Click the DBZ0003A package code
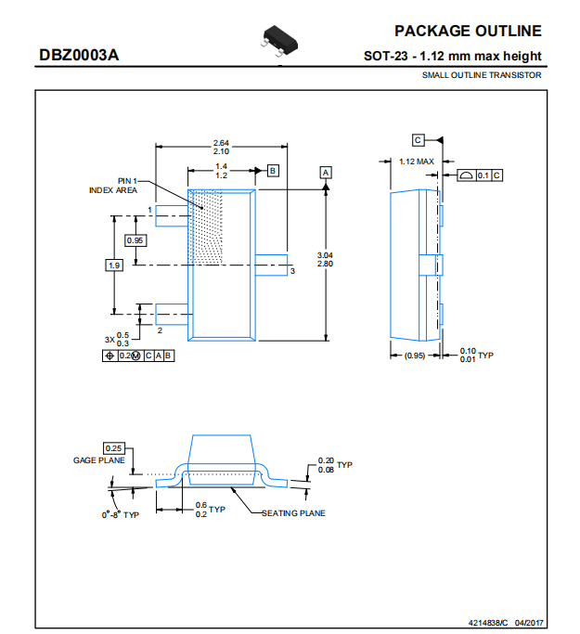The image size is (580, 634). click(x=79, y=55)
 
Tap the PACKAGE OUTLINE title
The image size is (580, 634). click(x=468, y=32)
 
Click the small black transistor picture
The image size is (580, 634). click(x=279, y=41)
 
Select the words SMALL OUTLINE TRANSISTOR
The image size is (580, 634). click(x=482, y=75)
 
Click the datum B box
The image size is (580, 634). click(x=273, y=171)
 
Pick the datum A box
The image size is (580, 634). click(x=326, y=173)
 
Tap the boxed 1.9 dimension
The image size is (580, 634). click(x=114, y=265)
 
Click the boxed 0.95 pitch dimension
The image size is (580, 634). click(x=135, y=240)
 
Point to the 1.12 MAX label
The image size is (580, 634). click(x=417, y=162)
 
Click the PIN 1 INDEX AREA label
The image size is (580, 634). click(x=113, y=186)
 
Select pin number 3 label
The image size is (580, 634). click(x=292, y=271)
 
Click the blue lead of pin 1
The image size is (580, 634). click(x=172, y=216)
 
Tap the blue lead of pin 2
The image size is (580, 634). click(x=172, y=314)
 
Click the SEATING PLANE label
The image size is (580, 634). click(x=293, y=513)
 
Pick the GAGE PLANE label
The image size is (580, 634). click(x=99, y=460)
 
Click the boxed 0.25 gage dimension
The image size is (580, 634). click(x=113, y=448)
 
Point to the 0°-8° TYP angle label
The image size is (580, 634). click(x=121, y=515)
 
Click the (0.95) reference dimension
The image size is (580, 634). click(x=415, y=356)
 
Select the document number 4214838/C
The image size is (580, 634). click(x=488, y=623)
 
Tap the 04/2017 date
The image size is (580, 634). click(x=529, y=623)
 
